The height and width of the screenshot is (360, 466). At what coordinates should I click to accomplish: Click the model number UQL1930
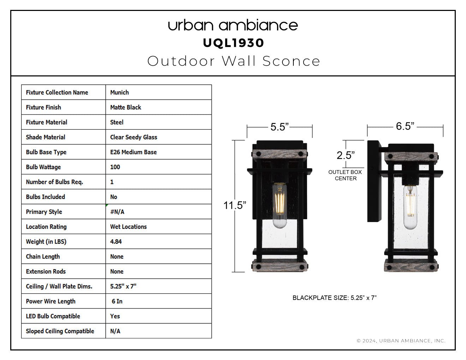pyautogui.click(x=233, y=43)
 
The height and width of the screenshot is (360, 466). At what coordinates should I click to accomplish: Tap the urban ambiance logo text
pyautogui.click(x=233, y=25)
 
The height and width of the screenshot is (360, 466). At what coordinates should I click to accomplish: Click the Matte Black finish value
pyautogui.click(x=126, y=107)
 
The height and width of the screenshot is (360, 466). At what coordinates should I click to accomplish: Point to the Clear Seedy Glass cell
pyautogui.click(x=133, y=137)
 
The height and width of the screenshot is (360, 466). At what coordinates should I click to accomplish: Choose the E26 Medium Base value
pyautogui.click(x=133, y=152)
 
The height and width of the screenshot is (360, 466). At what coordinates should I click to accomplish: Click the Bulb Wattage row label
pyautogui.click(x=43, y=167)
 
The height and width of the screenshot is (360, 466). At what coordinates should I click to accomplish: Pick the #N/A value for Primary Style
pyautogui.click(x=117, y=212)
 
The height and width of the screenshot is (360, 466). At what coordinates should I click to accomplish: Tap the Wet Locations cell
pyautogui.click(x=129, y=227)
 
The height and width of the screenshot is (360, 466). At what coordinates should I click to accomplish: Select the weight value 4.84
pyautogui.click(x=116, y=242)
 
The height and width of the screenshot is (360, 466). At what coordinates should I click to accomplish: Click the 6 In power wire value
pyautogui.click(x=117, y=301)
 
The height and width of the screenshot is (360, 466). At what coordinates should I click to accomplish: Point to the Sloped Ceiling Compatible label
pyautogui.click(x=60, y=331)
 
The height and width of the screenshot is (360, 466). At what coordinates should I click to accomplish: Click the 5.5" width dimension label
pyautogui.click(x=280, y=127)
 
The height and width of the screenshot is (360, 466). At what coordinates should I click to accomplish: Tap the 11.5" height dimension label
pyautogui.click(x=235, y=205)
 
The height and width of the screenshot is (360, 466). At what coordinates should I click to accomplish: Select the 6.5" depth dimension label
pyautogui.click(x=405, y=126)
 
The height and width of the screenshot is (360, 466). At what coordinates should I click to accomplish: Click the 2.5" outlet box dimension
pyautogui.click(x=346, y=155)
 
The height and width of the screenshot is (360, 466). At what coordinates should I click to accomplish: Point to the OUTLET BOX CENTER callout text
pyautogui.click(x=345, y=175)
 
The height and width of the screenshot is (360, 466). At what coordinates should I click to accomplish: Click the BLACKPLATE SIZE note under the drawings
pyautogui.click(x=335, y=298)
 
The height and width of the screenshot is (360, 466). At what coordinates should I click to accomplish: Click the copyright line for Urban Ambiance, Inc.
pyautogui.click(x=401, y=341)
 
